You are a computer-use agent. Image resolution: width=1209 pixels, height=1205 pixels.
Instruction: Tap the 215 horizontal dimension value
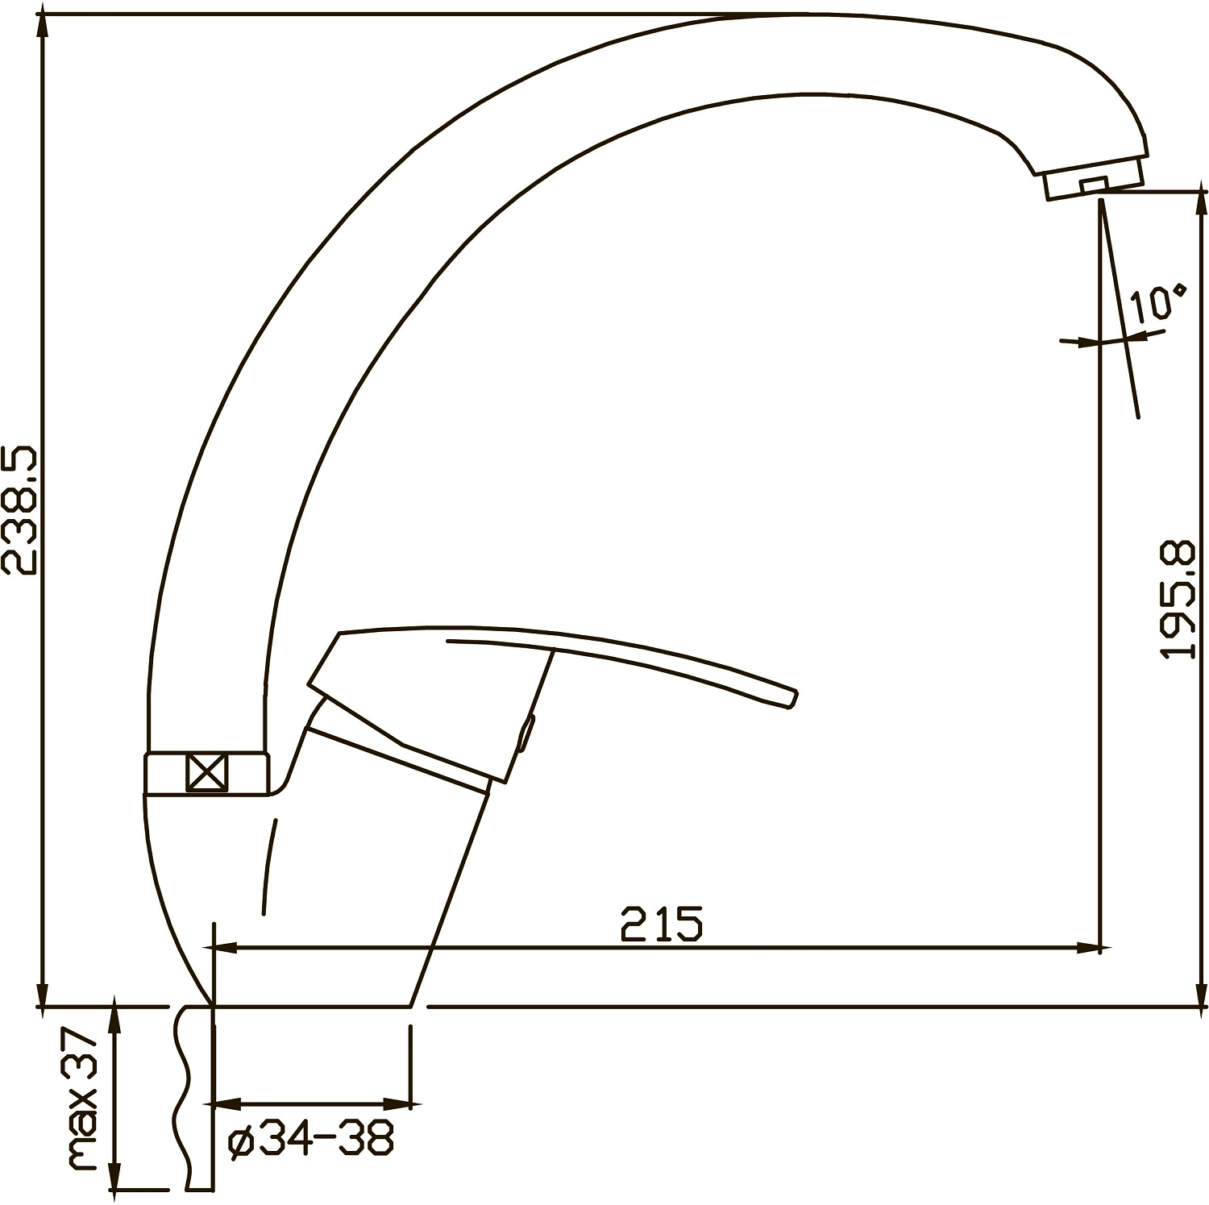click(x=662, y=925)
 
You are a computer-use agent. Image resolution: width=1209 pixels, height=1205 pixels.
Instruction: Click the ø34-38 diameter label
click(x=311, y=1140)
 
